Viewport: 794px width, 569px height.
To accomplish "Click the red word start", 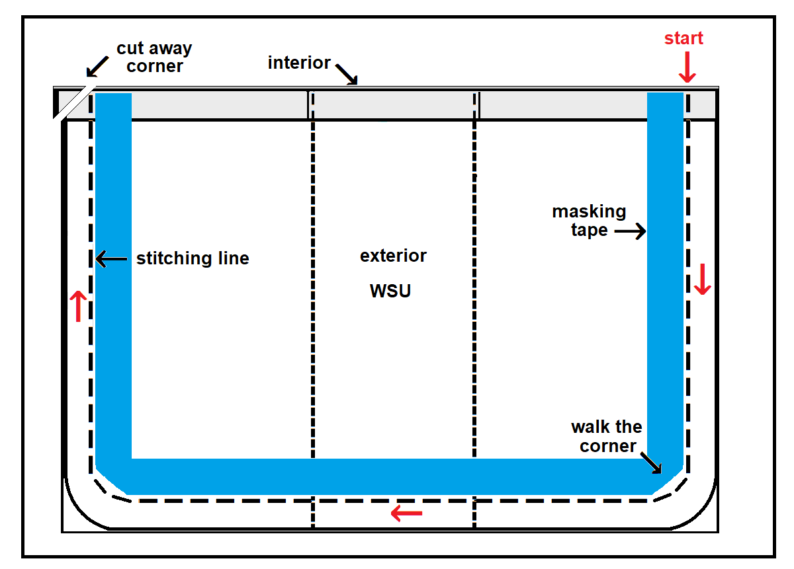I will [684, 38].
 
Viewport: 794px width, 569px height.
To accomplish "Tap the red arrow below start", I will [687, 69].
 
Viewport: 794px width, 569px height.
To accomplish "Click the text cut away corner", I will [154, 57].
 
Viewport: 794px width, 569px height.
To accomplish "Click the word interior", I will [299, 63].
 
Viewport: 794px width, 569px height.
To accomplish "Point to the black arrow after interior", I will [346, 73].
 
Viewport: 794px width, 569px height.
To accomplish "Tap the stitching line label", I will [193, 258].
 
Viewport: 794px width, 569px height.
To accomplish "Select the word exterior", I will [393, 256].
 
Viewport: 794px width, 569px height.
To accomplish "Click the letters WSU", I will [390, 291].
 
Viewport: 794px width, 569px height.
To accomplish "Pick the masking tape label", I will [589, 221].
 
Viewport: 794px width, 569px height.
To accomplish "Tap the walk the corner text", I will [606, 436].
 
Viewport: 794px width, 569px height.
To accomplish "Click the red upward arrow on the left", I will [78, 305].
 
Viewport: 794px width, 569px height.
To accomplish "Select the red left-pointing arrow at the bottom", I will [406, 513].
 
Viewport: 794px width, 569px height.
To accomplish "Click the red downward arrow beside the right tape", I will [703, 279].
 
